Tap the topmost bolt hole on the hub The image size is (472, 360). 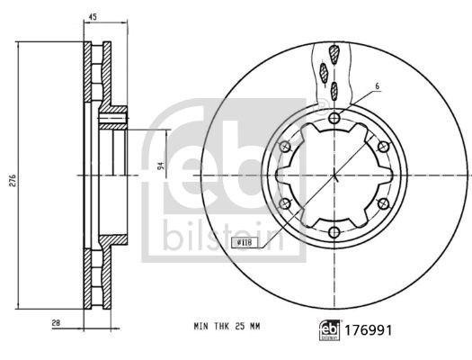[334, 118]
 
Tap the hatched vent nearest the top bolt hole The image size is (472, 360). [334, 88]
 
